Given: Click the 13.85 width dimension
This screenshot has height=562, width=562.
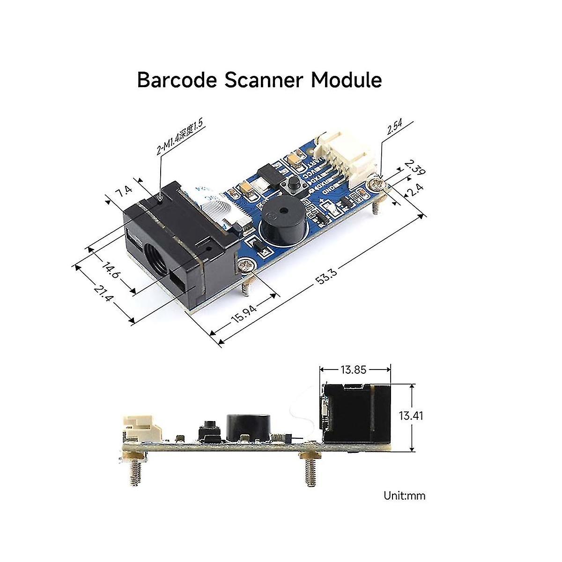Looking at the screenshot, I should [x=354, y=370].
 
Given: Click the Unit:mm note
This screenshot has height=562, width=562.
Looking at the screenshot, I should [x=405, y=495].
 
